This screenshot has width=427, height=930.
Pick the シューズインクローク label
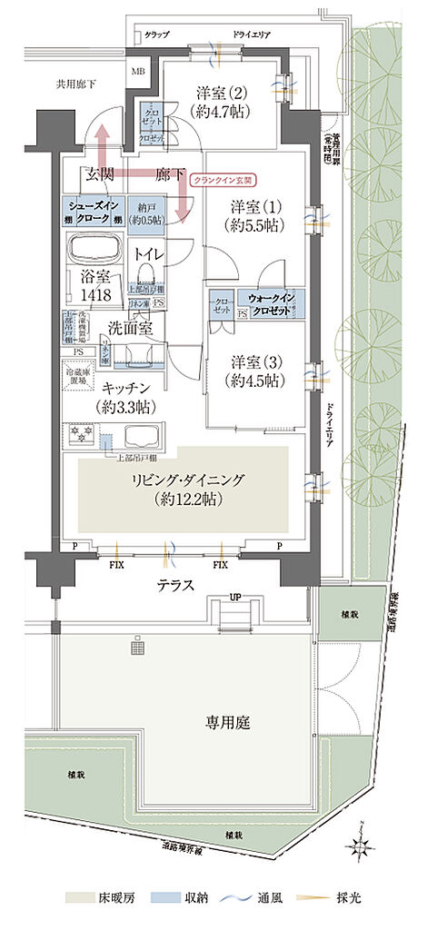click(x=91, y=213)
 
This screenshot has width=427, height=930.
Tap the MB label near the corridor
click(x=139, y=70)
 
